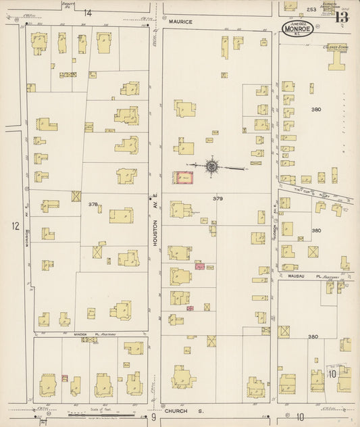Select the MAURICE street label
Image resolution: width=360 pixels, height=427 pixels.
pos(180,22)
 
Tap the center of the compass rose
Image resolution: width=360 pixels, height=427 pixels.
pos(211,165)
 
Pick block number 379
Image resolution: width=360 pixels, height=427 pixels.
pos(217,199)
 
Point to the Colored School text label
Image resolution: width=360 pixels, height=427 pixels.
pos(334,47)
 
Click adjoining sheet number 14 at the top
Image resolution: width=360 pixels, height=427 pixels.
pos(88,13)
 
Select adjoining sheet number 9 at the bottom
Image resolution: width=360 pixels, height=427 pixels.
pos(153,417)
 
